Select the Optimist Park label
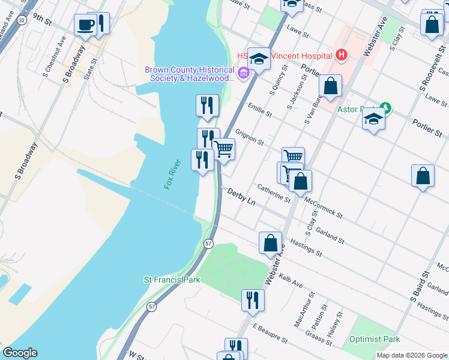(x=375, y=339)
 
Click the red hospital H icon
(x=341, y=56)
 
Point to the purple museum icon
(x=243, y=74)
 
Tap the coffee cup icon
(x=85, y=25)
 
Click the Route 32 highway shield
(x=22, y=20)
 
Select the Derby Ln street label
(x=241, y=196)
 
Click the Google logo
(x=20, y=353)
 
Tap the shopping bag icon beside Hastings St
(x=270, y=242)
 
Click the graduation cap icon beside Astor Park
(x=373, y=118)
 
